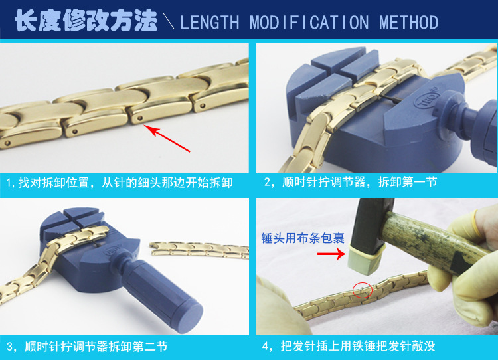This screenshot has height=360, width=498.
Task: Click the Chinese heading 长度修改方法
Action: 86,21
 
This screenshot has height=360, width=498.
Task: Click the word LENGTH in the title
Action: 209,22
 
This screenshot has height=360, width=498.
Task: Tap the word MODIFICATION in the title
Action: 309,22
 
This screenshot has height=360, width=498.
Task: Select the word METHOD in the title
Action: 409,22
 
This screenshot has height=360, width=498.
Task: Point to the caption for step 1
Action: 120,181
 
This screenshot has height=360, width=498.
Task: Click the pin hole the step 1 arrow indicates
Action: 137,120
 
